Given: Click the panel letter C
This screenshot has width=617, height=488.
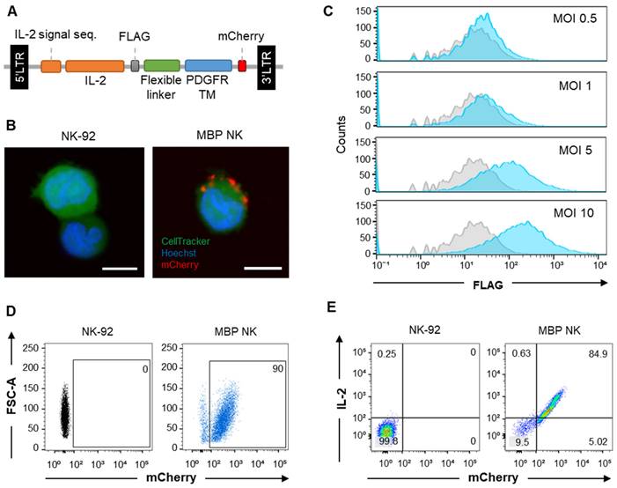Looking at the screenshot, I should tap(328, 11).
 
